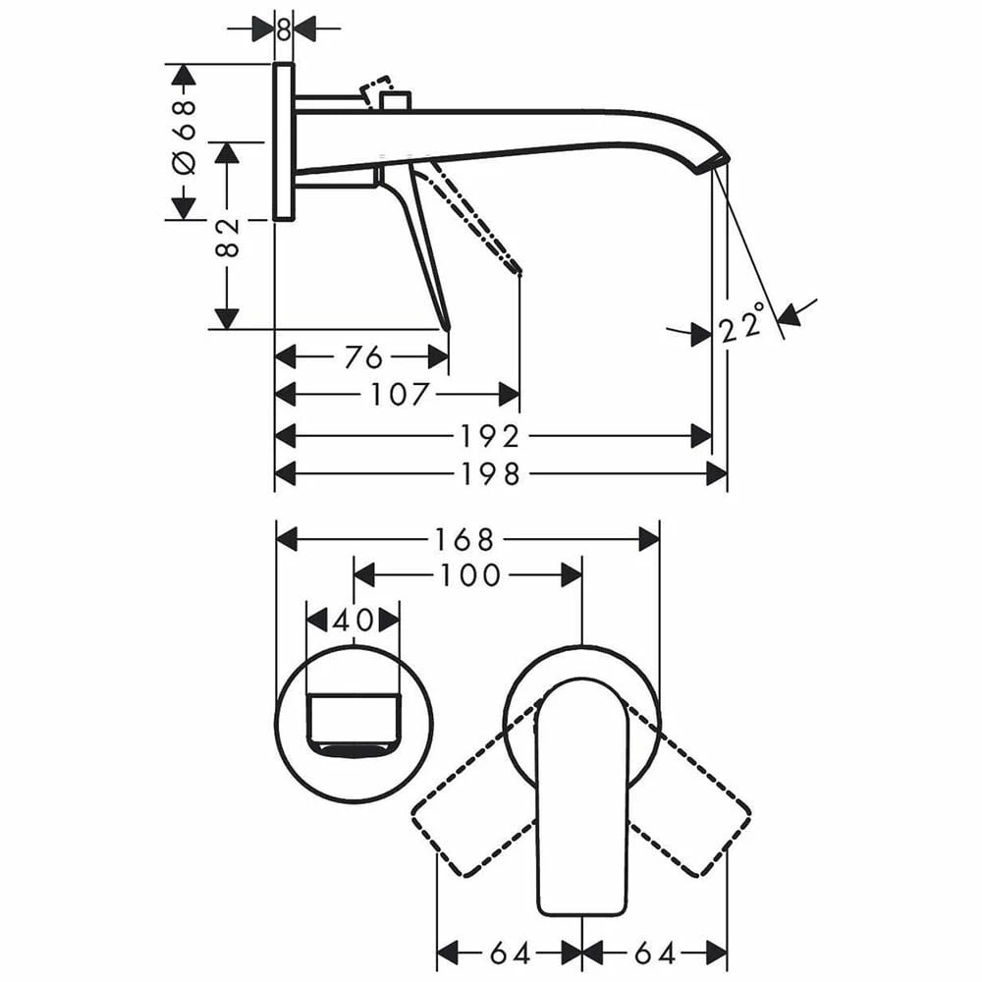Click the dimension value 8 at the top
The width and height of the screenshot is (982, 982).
(284, 28)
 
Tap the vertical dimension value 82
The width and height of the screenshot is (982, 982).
(228, 238)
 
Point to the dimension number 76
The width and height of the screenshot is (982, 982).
(363, 357)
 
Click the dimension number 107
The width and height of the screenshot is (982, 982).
(400, 395)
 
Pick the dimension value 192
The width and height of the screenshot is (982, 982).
(490, 436)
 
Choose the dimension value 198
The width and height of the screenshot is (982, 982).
(490, 473)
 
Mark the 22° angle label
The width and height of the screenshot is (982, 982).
(742, 323)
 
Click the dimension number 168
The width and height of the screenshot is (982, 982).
(464, 539)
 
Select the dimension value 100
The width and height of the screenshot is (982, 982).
(470, 574)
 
